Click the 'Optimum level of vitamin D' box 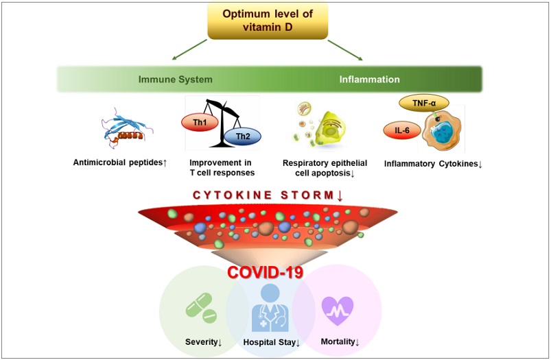tap(268, 21)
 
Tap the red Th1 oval tap(200, 123)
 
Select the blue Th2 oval tap(242, 136)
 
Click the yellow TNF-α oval tap(424, 104)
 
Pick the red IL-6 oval tap(402, 130)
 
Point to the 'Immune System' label tap(176, 80)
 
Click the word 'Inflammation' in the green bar tap(369, 80)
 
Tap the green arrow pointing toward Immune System tap(189, 49)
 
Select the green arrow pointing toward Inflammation tap(345, 50)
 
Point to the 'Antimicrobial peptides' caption tap(120, 163)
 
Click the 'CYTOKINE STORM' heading tap(268, 195)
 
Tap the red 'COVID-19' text tap(266, 272)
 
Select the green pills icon tap(201, 308)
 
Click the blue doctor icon tap(270, 308)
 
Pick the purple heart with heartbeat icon tap(338, 311)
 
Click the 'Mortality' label tap(340, 341)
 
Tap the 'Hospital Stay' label tap(271, 342)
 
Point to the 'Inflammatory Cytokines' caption tap(433, 164)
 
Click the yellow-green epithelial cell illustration tap(329, 128)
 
